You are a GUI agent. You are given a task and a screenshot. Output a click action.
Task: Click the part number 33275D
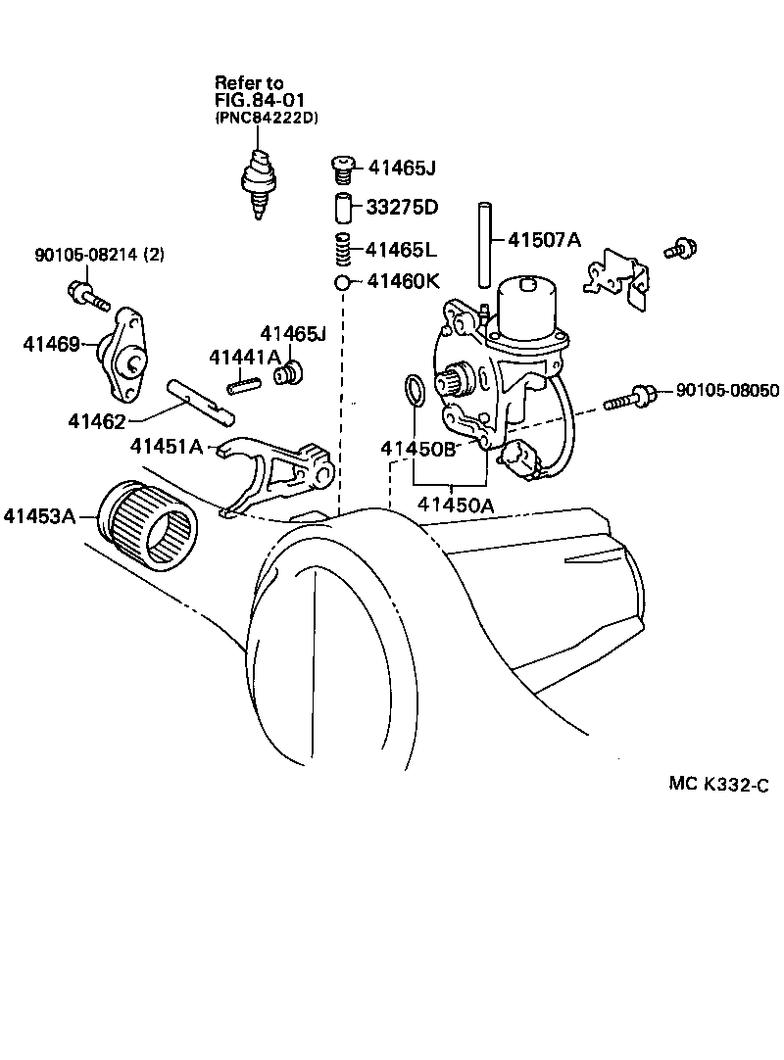coord(402,209)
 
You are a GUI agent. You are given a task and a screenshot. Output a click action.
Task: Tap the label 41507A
coord(545,239)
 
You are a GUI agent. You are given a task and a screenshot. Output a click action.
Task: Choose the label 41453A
coord(38,515)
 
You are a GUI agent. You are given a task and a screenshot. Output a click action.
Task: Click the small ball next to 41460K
coord(342,282)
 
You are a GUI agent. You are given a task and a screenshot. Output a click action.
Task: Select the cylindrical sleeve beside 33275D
coord(343,209)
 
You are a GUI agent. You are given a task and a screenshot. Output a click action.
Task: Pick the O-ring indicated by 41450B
coord(415,390)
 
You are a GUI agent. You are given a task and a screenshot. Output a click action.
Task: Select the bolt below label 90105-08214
coord(85,294)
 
